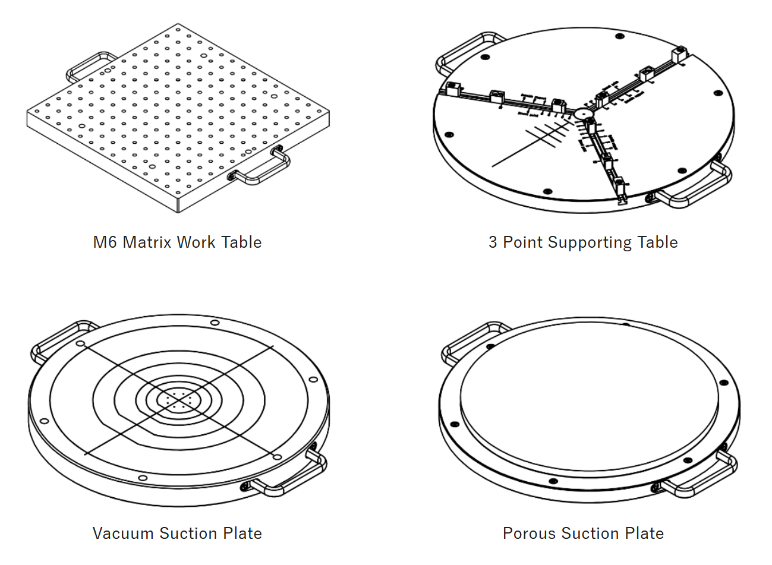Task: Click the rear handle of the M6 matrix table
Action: (x=89, y=64)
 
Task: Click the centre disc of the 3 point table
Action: (x=583, y=113)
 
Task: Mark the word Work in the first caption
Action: (x=196, y=242)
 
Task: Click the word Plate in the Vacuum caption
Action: (x=242, y=534)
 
